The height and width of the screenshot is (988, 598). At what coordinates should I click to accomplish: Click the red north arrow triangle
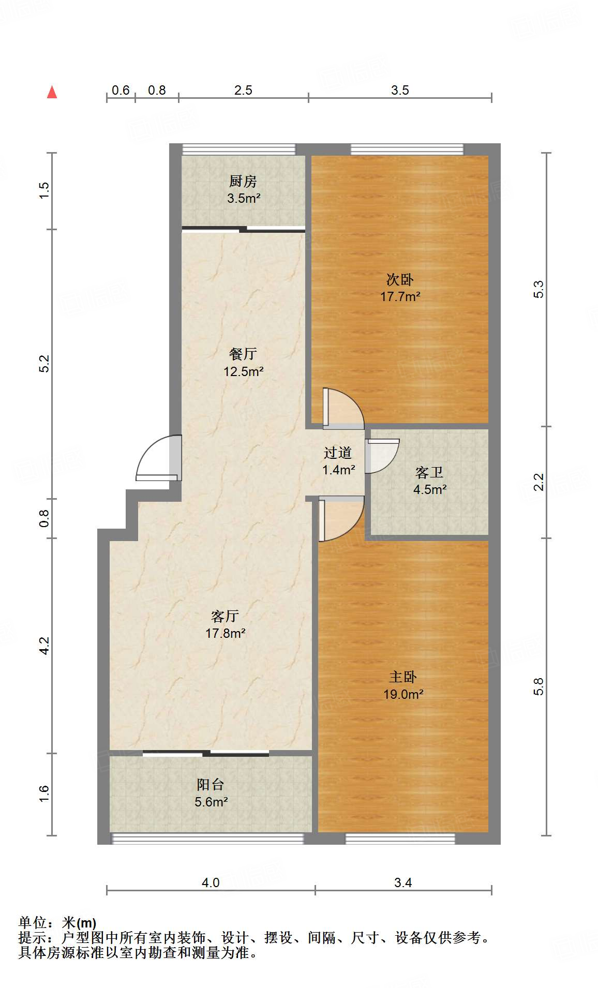(x=52, y=92)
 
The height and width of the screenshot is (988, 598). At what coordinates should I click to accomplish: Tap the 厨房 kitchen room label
(x=243, y=181)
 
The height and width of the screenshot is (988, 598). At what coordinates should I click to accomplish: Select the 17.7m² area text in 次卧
(x=400, y=297)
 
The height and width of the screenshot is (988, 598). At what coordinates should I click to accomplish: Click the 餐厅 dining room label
(x=243, y=354)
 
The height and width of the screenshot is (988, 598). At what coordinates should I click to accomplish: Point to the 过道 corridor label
(x=337, y=453)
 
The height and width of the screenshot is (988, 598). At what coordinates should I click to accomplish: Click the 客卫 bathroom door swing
(x=382, y=455)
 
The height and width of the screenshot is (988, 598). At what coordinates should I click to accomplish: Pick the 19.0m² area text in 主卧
(x=403, y=695)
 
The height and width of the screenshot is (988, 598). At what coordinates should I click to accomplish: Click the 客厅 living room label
(x=225, y=616)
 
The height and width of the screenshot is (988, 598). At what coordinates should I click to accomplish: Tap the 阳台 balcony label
(x=211, y=785)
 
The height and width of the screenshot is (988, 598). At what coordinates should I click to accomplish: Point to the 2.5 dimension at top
(x=243, y=91)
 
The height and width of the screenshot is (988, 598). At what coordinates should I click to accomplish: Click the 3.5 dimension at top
(x=399, y=91)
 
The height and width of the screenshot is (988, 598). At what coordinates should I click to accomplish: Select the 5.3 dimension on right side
(x=539, y=289)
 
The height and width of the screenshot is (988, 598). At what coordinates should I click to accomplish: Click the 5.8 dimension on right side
(x=539, y=686)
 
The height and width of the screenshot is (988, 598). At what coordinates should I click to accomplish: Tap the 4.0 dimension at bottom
(x=211, y=882)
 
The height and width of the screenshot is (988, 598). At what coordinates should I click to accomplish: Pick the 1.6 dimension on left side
(x=44, y=794)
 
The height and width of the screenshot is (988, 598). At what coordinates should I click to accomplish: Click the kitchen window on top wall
(x=239, y=149)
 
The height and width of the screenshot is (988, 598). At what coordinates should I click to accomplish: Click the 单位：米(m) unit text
(x=57, y=922)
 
